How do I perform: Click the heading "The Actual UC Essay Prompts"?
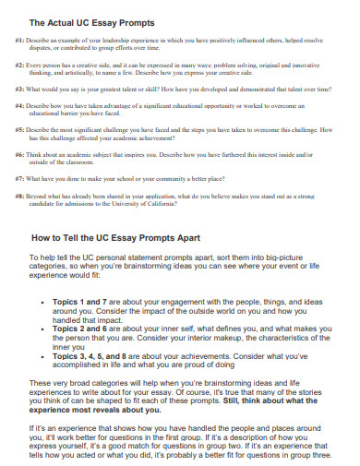92,21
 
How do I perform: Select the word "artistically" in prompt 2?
85,74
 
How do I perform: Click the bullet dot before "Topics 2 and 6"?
45,328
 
